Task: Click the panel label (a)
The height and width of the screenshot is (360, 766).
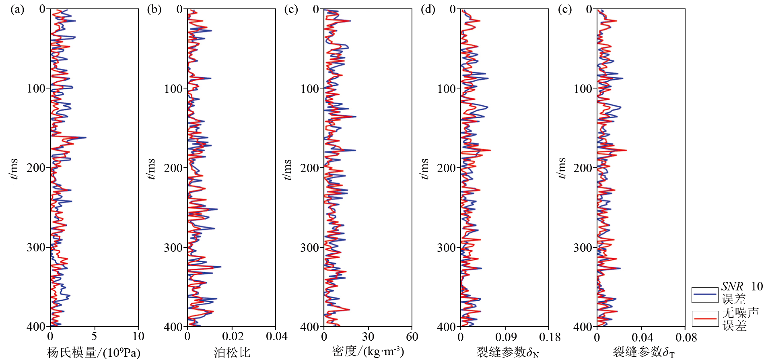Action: coord(17,9)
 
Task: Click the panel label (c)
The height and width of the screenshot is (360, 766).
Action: coord(291,9)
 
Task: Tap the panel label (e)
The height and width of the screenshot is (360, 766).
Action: coord(564,9)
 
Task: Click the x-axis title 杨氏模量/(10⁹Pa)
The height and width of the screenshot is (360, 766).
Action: coord(94,353)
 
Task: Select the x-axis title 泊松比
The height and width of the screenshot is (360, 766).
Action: coord(232,353)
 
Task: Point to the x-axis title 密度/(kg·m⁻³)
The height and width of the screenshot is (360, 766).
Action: coord(368,352)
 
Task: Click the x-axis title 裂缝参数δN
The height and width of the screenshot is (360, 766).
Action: coord(508,353)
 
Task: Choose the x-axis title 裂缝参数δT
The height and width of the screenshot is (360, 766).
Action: coord(644,353)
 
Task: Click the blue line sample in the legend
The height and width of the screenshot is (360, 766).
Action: coord(705,295)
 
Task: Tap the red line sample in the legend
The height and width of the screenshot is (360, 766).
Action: coord(705,319)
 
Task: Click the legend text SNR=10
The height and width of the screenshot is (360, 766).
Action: coord(742,286)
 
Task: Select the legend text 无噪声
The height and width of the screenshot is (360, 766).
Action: coord(740,312)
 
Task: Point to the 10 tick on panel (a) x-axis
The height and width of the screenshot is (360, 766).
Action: coord(138,337)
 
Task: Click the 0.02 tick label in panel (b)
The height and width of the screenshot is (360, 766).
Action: coord(233,337)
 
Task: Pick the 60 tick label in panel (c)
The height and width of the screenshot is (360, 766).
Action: coord(412,337)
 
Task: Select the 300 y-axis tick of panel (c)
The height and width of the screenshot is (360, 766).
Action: coord(310,247)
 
